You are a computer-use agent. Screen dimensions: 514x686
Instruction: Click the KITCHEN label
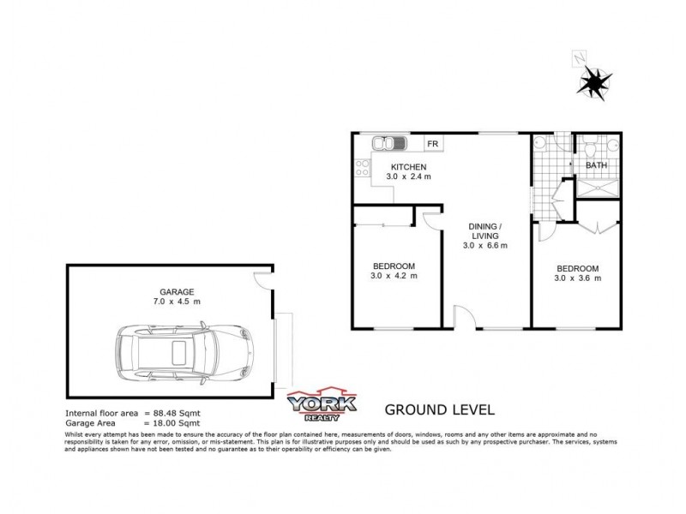point(409,166)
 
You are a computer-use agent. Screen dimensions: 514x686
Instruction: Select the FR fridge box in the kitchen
point(433,144)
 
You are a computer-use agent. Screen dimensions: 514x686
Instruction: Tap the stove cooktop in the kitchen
point(362,168)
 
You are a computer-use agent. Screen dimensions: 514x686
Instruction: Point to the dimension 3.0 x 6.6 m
point(486,246)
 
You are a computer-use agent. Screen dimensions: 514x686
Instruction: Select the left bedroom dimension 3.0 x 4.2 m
point(394,276)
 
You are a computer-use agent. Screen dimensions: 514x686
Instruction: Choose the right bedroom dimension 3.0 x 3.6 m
point(577,278)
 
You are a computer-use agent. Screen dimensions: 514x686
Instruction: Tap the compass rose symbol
point(593,82)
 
